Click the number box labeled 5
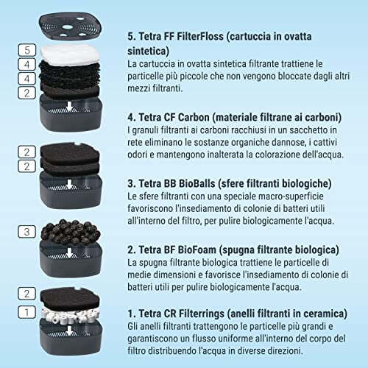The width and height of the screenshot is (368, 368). (26, 50)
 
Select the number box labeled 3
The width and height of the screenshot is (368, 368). (26, 232)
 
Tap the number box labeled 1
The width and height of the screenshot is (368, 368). (26, 311)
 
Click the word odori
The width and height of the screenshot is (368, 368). (140, 157)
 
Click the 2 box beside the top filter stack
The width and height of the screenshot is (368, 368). (26, 92)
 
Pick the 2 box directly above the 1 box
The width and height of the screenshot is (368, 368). (26, 294)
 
